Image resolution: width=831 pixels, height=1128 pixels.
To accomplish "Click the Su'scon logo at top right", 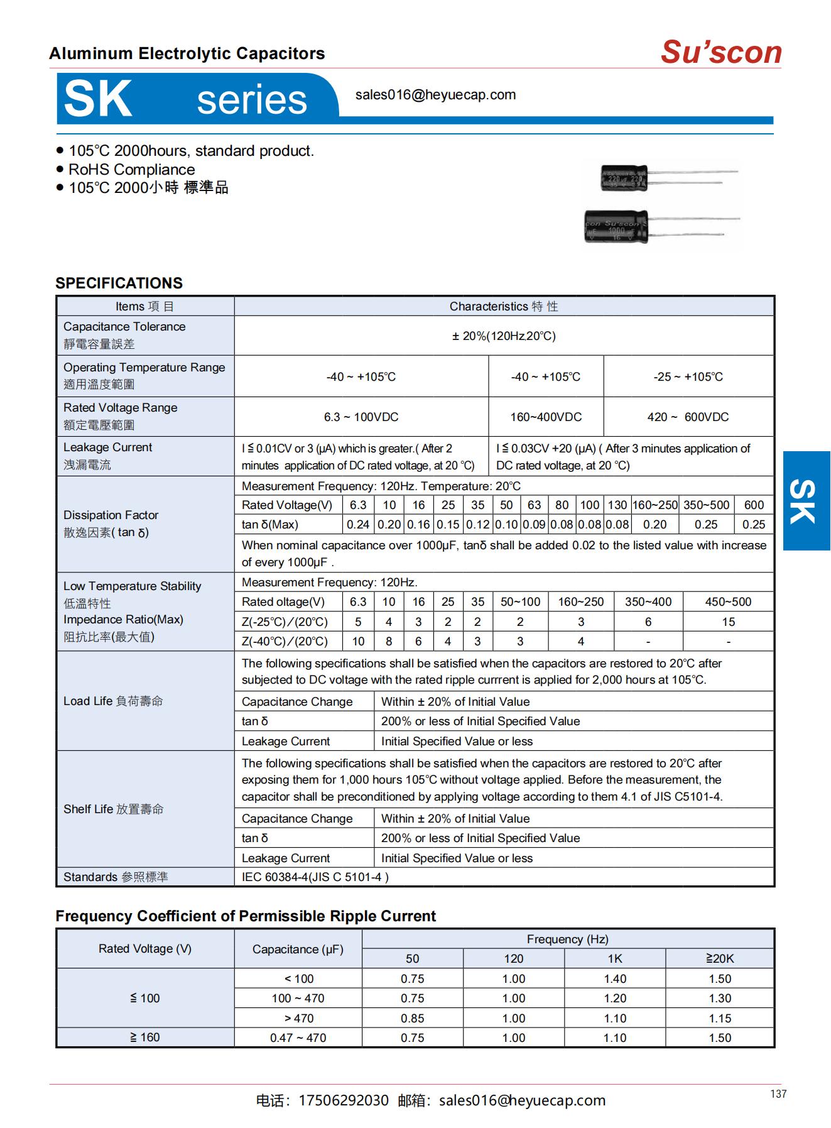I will click(720, 52).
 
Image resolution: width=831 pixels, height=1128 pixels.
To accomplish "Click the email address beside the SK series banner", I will click(435, 95).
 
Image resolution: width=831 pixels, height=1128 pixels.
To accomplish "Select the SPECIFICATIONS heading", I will click(119, 283).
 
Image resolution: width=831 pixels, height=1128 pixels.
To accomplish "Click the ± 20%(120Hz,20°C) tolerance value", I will click(504, 336).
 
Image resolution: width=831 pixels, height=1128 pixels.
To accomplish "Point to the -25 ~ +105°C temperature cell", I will click(688, 376).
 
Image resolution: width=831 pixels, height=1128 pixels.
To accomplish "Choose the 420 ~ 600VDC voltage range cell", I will click(688, 417).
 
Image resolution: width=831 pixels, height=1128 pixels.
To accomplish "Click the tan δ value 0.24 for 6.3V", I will click(358, 525).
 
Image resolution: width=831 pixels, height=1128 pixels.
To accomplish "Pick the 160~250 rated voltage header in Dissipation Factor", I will click(654, 505).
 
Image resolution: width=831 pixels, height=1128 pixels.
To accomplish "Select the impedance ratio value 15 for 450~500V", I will click(728, 621).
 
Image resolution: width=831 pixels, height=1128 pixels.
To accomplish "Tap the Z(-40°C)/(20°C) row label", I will click(285, 641).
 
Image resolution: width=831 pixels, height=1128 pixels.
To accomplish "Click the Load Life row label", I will click(113, 701).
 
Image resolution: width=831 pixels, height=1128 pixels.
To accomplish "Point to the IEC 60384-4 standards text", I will click(315, 877).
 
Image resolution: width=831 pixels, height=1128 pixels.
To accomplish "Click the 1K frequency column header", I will click(615, 958).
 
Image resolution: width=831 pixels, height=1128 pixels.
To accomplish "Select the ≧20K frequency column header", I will click(720, 958).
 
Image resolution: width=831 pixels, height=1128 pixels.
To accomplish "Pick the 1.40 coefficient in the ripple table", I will click(615, 978).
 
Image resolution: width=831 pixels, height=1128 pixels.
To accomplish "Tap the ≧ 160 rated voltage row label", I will click(144, 1038).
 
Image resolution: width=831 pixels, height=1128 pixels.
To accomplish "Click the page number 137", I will click(778, 1094).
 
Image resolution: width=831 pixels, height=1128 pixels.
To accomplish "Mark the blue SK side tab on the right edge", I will click(807, 501).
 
